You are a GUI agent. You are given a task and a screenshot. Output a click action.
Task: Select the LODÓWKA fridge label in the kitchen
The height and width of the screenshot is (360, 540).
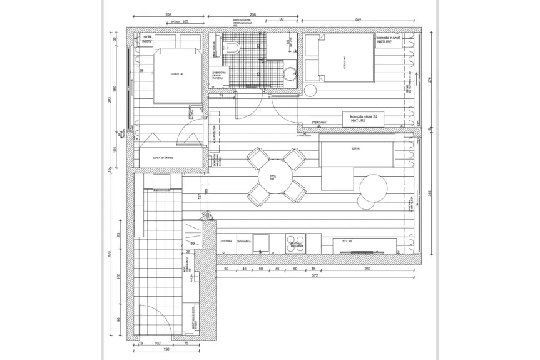click(227, 240)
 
